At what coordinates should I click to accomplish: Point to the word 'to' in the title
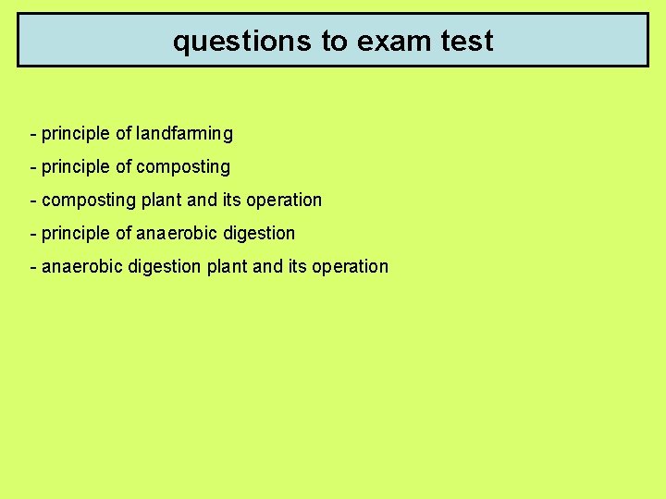[x=327, y=42]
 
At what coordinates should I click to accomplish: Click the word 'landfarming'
[x=185, y=134]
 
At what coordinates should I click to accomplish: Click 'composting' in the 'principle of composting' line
[x=183, y=167]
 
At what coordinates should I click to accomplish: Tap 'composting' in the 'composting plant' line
[x=89, y=201]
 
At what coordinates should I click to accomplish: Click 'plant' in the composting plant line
[x=162, y=201]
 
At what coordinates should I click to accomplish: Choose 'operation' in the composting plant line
[x=284, y=201]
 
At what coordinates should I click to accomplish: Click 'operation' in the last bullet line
[x=350, y=267]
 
